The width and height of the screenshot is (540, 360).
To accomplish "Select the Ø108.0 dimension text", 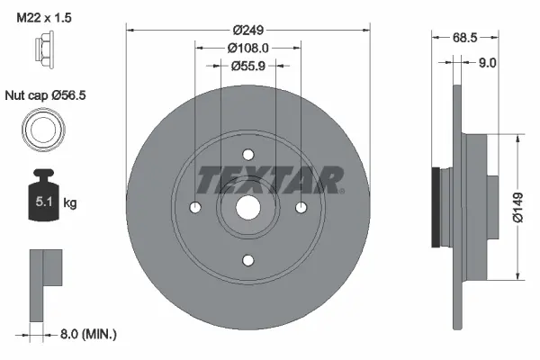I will [x=248, y=47].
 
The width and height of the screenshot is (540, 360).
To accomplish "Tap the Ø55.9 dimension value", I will [x=248, y=65].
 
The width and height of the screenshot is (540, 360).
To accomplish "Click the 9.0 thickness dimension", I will [x=487, y=63].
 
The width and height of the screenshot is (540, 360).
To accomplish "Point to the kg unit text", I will [x=70, y=203].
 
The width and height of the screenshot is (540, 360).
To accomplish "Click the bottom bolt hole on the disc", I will [x=248, y=260].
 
